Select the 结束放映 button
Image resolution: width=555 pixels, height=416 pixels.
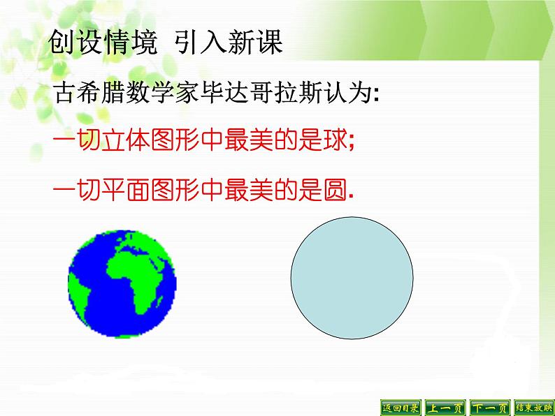533,408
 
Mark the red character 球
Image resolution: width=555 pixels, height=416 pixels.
333,141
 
